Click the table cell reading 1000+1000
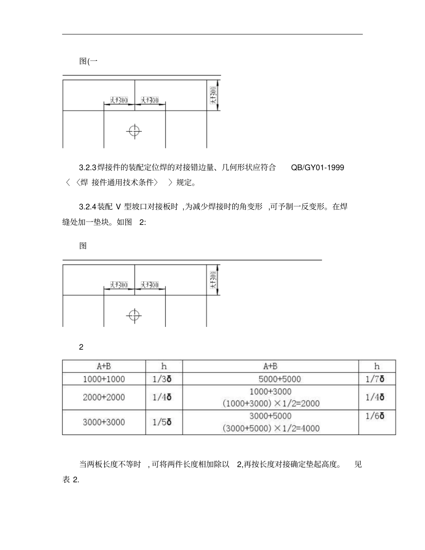(104, 379)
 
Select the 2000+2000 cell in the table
(104, 397)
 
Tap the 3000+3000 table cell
(104, 422)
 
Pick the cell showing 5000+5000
(270, 379)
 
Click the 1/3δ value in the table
(164, 379)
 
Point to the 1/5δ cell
(164, 422)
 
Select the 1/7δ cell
(377, 379)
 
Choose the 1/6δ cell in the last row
(377, 415)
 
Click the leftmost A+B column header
(104, 366)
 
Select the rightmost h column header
(377, 366)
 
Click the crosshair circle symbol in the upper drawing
(134, 131)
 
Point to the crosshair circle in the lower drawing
(134, 315)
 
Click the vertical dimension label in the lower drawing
(213, 280)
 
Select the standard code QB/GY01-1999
(317, 168)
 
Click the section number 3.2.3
(88, 168)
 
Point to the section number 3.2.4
(88, 207)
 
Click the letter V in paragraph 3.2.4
(119, 207)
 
